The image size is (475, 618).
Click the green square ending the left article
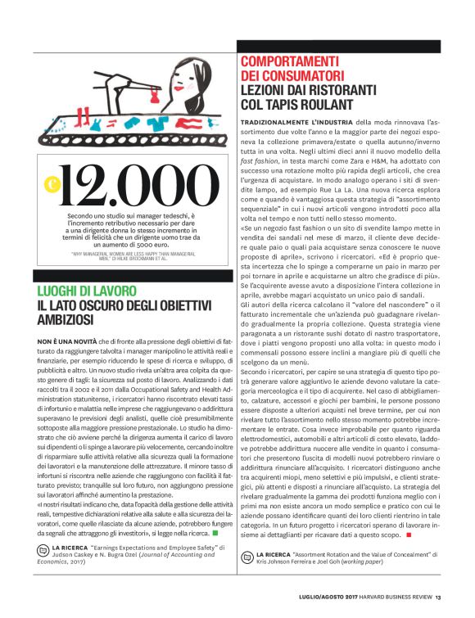pyautogui.click(x=215, y=535)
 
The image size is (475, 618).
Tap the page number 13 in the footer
pyautogui.click(x=439, y=598)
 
